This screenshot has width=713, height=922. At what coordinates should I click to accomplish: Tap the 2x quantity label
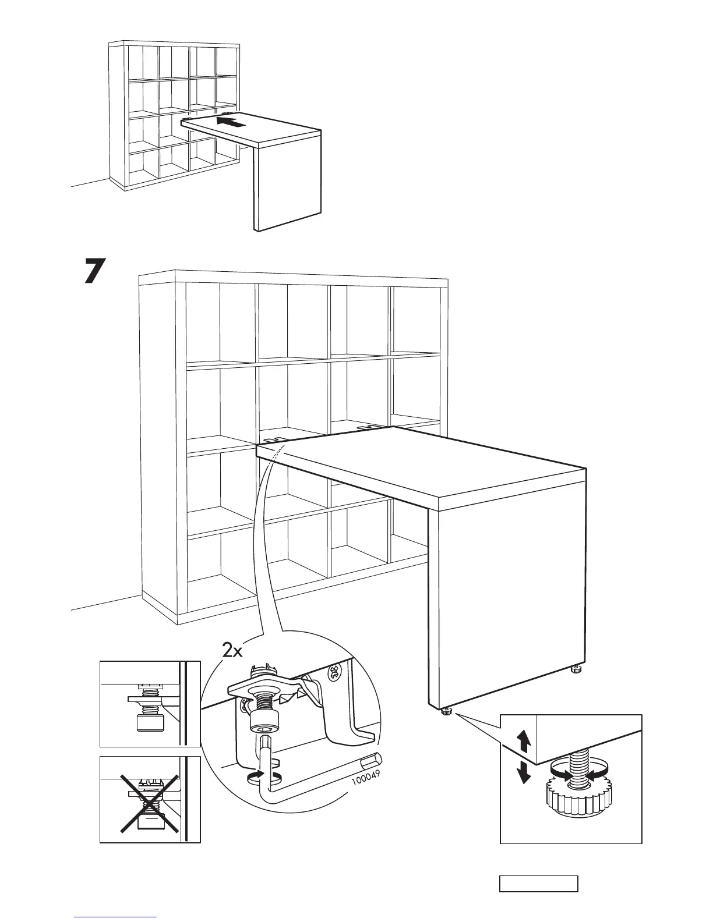coord(232,651)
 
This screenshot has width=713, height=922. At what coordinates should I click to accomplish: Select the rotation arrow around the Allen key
coord(255,775)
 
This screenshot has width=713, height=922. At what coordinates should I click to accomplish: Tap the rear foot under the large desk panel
coord(576,671)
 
